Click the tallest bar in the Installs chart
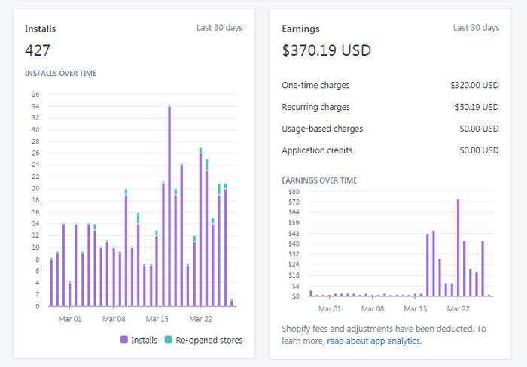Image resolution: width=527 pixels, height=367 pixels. pyautogui.click(x=169, y=205)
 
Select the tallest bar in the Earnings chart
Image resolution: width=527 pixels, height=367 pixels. pyautogui.click(x=458, y=248)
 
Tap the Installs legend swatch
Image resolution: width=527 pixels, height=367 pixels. pyautogui.click(x=124, y=340)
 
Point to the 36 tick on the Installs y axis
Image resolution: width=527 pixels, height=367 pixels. pyautogui.click(x=35, y=95)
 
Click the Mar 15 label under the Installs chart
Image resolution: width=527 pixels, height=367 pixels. pyautogui.click(x=157, y=319)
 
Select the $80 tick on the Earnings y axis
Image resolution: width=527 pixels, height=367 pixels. pyautogui.click(x=294, y=191)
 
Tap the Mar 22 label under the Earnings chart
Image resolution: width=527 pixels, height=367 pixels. pyautogui.click(x=458, y=308)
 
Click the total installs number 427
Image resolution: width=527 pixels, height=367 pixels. pyautogui.click(x=38, y=50)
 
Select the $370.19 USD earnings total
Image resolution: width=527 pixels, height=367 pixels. pyautogui.click(x=326, y=50)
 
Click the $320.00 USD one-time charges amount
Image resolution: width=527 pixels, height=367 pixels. pyautogui.click(x=474, y=85)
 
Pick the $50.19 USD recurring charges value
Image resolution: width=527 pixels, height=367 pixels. pyautogui.click(x=477, y=107)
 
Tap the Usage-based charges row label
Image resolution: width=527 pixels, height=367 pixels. pyautogui.click(x=322, y=129)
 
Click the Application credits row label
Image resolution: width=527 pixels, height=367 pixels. pyautogui.click(x=317, y=150)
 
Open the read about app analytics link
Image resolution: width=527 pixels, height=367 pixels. pyautogui.click(x=374, y=341)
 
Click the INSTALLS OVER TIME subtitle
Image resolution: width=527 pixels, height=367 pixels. pyautogui.click(x=60, y=73)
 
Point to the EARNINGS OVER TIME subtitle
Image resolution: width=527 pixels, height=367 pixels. pyautogui.click(x=319, y=180)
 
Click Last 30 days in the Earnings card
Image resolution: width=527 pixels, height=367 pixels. pyautogui.click(x=476, y=28)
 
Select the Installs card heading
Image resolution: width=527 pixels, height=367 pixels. pyautogui.click(x=40, y=29)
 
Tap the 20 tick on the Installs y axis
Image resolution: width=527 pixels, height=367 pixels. pyautogui.click(x=35, y=188)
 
